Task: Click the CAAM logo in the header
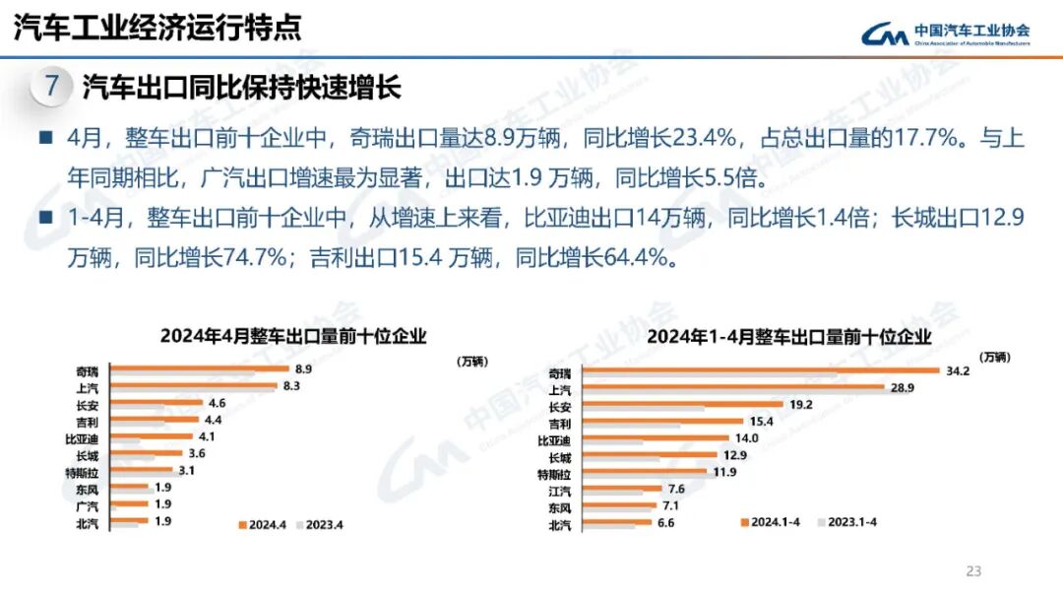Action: click(x=946, y=34)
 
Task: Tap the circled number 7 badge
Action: click(x=53, y=87)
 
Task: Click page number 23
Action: click(x=974, y=571)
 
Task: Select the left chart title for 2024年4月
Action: click(x=293, y=336)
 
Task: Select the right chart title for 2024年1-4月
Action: click(x=788, y=336)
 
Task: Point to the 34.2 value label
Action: click(x=958, y=371)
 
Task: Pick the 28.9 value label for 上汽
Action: click(x=903, y=388)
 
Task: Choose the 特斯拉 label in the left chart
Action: click(x=82, y=472)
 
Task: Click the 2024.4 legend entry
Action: click(x=262, y=524)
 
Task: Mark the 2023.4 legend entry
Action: click(x=321, y=524)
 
